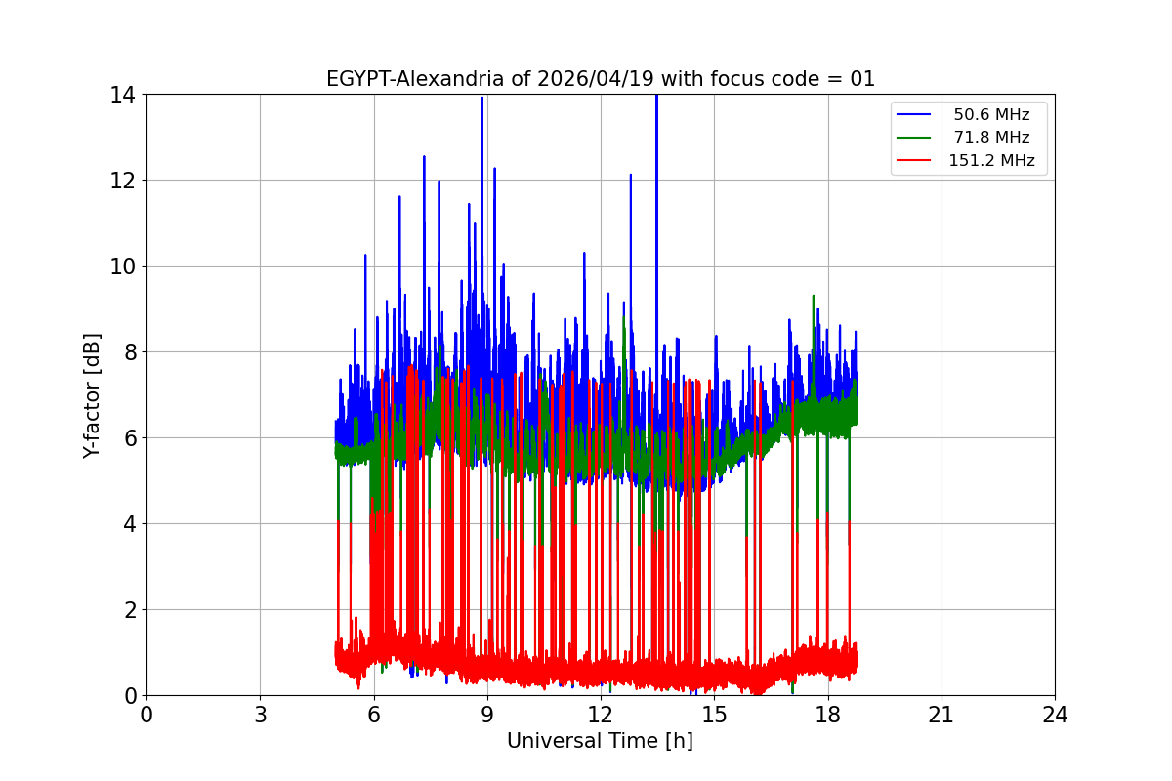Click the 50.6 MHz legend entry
pos(991,115)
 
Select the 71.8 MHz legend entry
pos(991,138)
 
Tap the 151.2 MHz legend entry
pos(991,161)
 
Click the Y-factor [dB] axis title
pos(93,395)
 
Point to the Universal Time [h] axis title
pos(600,741)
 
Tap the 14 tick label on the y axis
pos(123,95)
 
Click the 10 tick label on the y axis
pos(123,267)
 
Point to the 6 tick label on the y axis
pos(129,438)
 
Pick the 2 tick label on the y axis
pos(129,610)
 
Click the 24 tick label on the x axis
pos(1055,715)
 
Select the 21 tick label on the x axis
pos(942,715)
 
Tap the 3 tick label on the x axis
pos(260,715)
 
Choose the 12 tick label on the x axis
pos(601,715)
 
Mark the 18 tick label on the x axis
pos(828,715)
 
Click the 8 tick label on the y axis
pos(129,352)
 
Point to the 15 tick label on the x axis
pos(714,715)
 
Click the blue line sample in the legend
pos(916,115)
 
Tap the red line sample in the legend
pos(916,161)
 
